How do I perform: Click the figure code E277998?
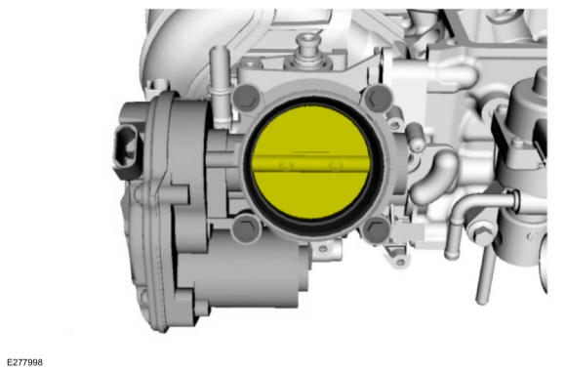pos(24,362)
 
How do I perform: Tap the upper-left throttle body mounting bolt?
pos(247,98)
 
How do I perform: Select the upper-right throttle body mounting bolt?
pos(378,98)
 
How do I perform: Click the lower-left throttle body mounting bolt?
pos(247,227)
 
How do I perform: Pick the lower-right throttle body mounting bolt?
pos(377,229)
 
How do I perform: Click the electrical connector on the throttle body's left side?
pos(125,151)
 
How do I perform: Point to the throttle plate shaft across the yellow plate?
pos(311,164)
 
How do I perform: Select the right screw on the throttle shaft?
pos(336,166)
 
